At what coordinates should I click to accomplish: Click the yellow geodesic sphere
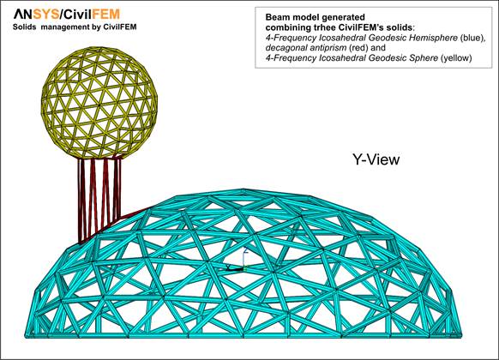click(99, 103)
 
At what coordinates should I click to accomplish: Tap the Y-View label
click(376, 159)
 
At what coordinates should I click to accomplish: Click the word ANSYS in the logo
click(37, 15)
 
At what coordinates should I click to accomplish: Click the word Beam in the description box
click(277, 17)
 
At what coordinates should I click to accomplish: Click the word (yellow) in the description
click(456, 58)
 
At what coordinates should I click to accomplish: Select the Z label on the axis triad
click(245, 250)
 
